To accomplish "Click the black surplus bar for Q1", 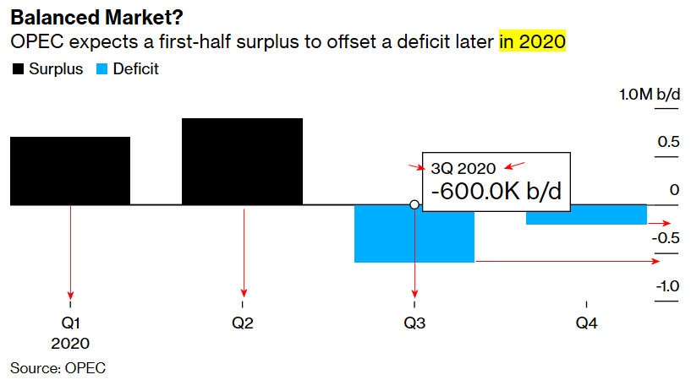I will pos(69,170).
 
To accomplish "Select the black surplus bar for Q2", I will pos(242,160).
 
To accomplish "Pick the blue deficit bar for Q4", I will pos(585,214).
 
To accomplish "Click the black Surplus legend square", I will pos(17,69).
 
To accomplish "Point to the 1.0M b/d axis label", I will pos(649,95).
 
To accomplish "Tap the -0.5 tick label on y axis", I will pos(666,237).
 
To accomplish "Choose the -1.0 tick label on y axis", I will pos(666,286).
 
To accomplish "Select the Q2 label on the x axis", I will pos(242,323).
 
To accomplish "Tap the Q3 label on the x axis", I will pos(414,323).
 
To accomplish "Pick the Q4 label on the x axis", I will pos(585,323).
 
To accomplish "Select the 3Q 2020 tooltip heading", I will pos(463,167).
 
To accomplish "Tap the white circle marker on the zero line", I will pos(414,204).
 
